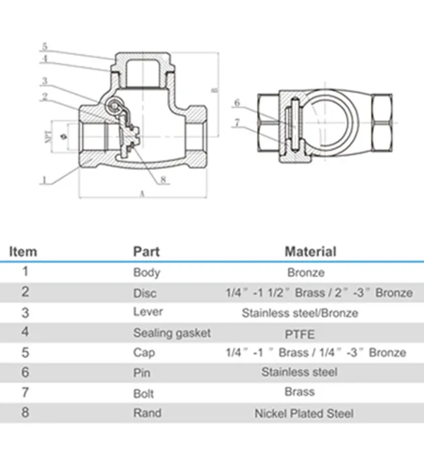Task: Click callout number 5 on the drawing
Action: click(x=44, y=46)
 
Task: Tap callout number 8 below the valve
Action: click(x=163, y=179)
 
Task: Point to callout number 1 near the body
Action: click(x=44, y=180)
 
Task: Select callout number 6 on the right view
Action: click(x=237, y=102)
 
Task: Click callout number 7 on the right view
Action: click(x=237, y=123)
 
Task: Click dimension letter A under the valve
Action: click(x=142, y=194)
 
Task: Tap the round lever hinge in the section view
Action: click(x=114, y=106)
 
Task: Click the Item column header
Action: click(x=23, y=252)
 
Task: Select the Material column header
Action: click(x=310, y=252)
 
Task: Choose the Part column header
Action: click(x=146, y=252)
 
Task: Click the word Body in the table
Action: click(x=146, y=273)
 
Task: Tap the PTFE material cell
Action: click(x=299, y=335)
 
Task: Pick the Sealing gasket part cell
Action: click(x=172, y=333)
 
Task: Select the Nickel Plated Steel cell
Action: click(x=304, y=413)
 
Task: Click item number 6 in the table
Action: click(x=25, y=372)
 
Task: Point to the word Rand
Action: click(x=147, y=413)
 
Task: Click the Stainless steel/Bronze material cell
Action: click(x=300, y=313)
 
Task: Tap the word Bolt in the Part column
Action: click(x=144, y=394)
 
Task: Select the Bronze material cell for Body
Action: click(x=306, y=273)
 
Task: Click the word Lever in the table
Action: click(x=148, y=312)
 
